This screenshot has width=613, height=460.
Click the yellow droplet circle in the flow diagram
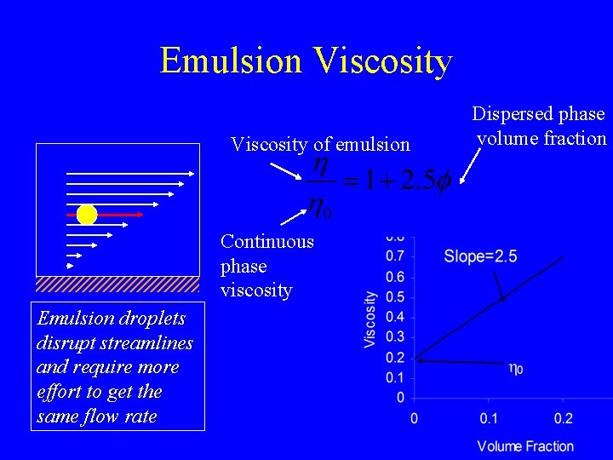click(x=87, y=215)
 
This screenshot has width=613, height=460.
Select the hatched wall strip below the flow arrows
click(x=117, y=284)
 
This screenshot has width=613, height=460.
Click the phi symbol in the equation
click(x=442, y=181)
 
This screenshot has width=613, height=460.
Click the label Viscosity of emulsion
click(x=320, y=144)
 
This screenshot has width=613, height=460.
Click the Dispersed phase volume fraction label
click(x=539, y=126)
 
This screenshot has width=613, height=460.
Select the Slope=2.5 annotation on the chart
click(x=480, y=256)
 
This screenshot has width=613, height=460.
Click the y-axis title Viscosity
click(x=370, y=319)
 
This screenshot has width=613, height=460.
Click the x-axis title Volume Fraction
click(x=525, y=446)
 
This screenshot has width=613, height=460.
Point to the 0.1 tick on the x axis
click(x=488, y=418)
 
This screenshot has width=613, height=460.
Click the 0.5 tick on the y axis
click(x=394, y=297)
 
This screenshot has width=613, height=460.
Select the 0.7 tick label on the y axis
click(x=394, y=256)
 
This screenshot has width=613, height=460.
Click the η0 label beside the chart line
click(x=516, y=368)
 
